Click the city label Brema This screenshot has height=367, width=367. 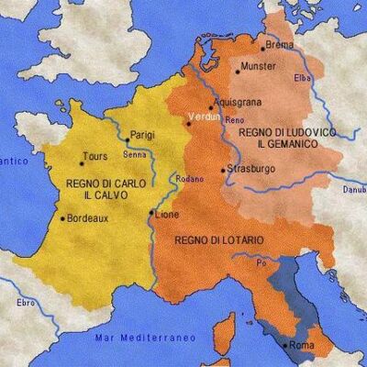point(278,45)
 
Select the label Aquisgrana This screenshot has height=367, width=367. point(234,102)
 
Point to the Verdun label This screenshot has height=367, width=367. point(201,117)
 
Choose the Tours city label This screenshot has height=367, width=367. point(96,156)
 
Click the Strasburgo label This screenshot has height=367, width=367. point(249,169)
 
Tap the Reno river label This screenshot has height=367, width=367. point(235,120)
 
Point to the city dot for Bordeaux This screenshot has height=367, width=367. point(61,218)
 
